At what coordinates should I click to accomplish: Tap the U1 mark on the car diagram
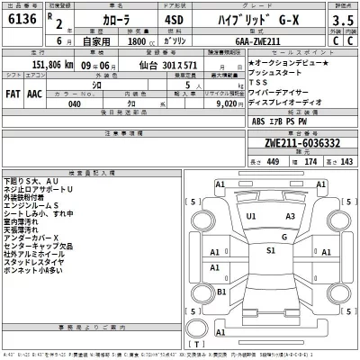point(251,217)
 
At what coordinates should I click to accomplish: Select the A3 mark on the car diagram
point(288,217)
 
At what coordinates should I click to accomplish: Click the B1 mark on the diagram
point(221,292)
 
